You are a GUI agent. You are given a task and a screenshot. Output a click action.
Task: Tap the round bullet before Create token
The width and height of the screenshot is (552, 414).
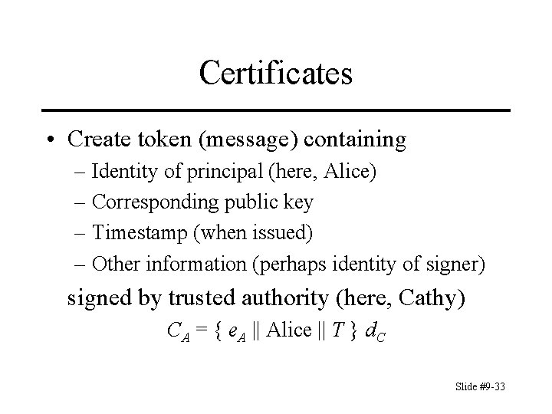pos(49,140)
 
